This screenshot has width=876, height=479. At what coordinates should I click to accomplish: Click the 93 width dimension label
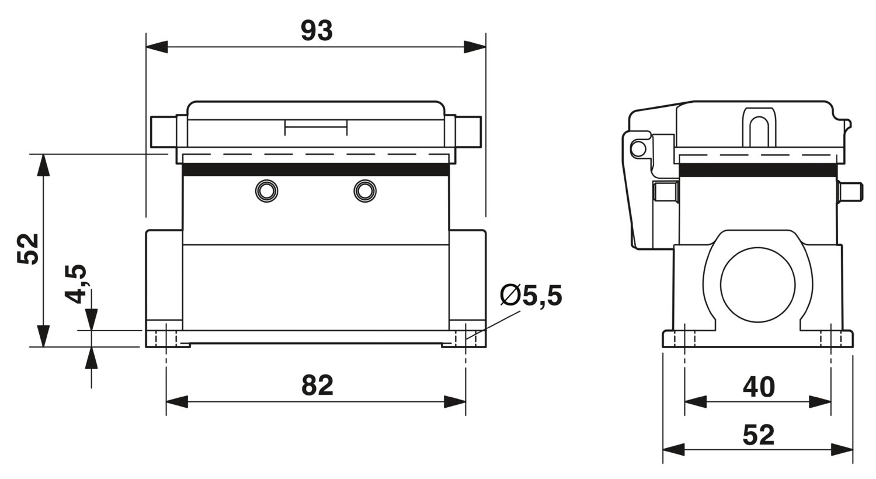tap(317, 32)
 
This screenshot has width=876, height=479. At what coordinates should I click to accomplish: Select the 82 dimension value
tap(317, 386)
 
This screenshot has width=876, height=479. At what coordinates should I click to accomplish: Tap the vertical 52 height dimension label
tap(28, 249)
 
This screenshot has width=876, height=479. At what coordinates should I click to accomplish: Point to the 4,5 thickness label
tap(75, 284)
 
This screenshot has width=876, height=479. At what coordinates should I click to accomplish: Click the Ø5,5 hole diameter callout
tap(531, 295)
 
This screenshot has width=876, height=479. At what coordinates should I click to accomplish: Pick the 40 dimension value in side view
tap(759, 387)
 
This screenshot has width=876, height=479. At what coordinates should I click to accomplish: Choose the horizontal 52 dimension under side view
tap(758, 435)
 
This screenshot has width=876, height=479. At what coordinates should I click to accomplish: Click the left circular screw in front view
tap(267, 191)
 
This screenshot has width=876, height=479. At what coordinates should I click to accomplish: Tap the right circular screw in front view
tap(365, 191)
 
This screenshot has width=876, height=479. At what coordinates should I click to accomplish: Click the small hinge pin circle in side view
tap(638, 148)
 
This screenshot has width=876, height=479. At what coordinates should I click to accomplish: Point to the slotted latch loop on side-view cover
tap(759, 127)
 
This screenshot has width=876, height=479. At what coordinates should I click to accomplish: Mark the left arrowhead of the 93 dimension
tap(157, 47)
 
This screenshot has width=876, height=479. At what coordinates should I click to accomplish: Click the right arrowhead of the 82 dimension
tap(455, 401)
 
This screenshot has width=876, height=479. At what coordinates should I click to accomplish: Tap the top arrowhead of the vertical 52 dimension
tap(44, 165)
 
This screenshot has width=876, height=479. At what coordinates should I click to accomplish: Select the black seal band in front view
tap(315, 170)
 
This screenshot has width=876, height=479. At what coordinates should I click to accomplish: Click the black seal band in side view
tap(758, 170)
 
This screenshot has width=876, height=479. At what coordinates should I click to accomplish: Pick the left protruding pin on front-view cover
tap(163, 132)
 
